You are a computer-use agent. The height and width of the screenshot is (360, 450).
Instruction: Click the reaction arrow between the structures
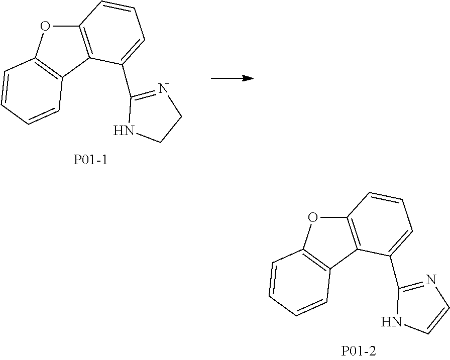pos(231,78)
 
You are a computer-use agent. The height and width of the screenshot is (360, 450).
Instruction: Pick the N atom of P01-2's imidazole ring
pos(430,280)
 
